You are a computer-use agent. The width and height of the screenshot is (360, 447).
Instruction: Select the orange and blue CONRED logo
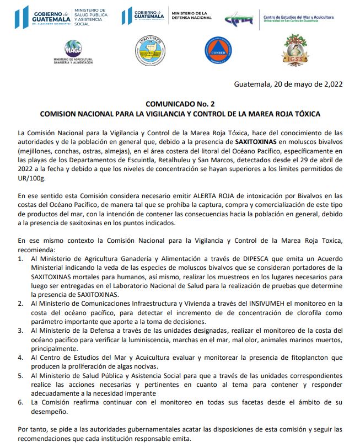pyautogui.click(x=216, y=49)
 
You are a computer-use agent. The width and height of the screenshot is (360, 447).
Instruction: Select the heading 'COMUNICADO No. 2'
pyautogui.click(x=180, y=104)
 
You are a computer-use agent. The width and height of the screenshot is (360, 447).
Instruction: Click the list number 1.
pyautogui.click(x=21, y=258)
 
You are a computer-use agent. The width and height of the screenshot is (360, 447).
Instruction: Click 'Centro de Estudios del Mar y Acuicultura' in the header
pyautogui.click(x=298, y=17)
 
